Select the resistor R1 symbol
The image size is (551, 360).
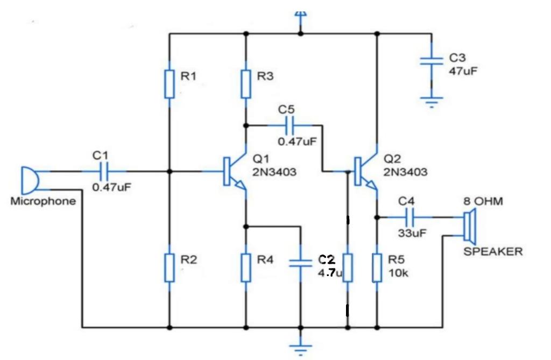(x=169, y=84)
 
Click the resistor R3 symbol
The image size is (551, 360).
(x=246, y=83)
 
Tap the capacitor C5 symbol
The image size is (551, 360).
(x=289, y=126)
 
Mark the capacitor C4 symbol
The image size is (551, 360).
(x=410, y=217)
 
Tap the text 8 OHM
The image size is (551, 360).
(x=483, y=202)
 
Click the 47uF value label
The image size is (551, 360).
(x=463, y=70)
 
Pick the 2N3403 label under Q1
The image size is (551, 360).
(x=274, y=172)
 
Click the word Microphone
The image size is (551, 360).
(x=43, y=202)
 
